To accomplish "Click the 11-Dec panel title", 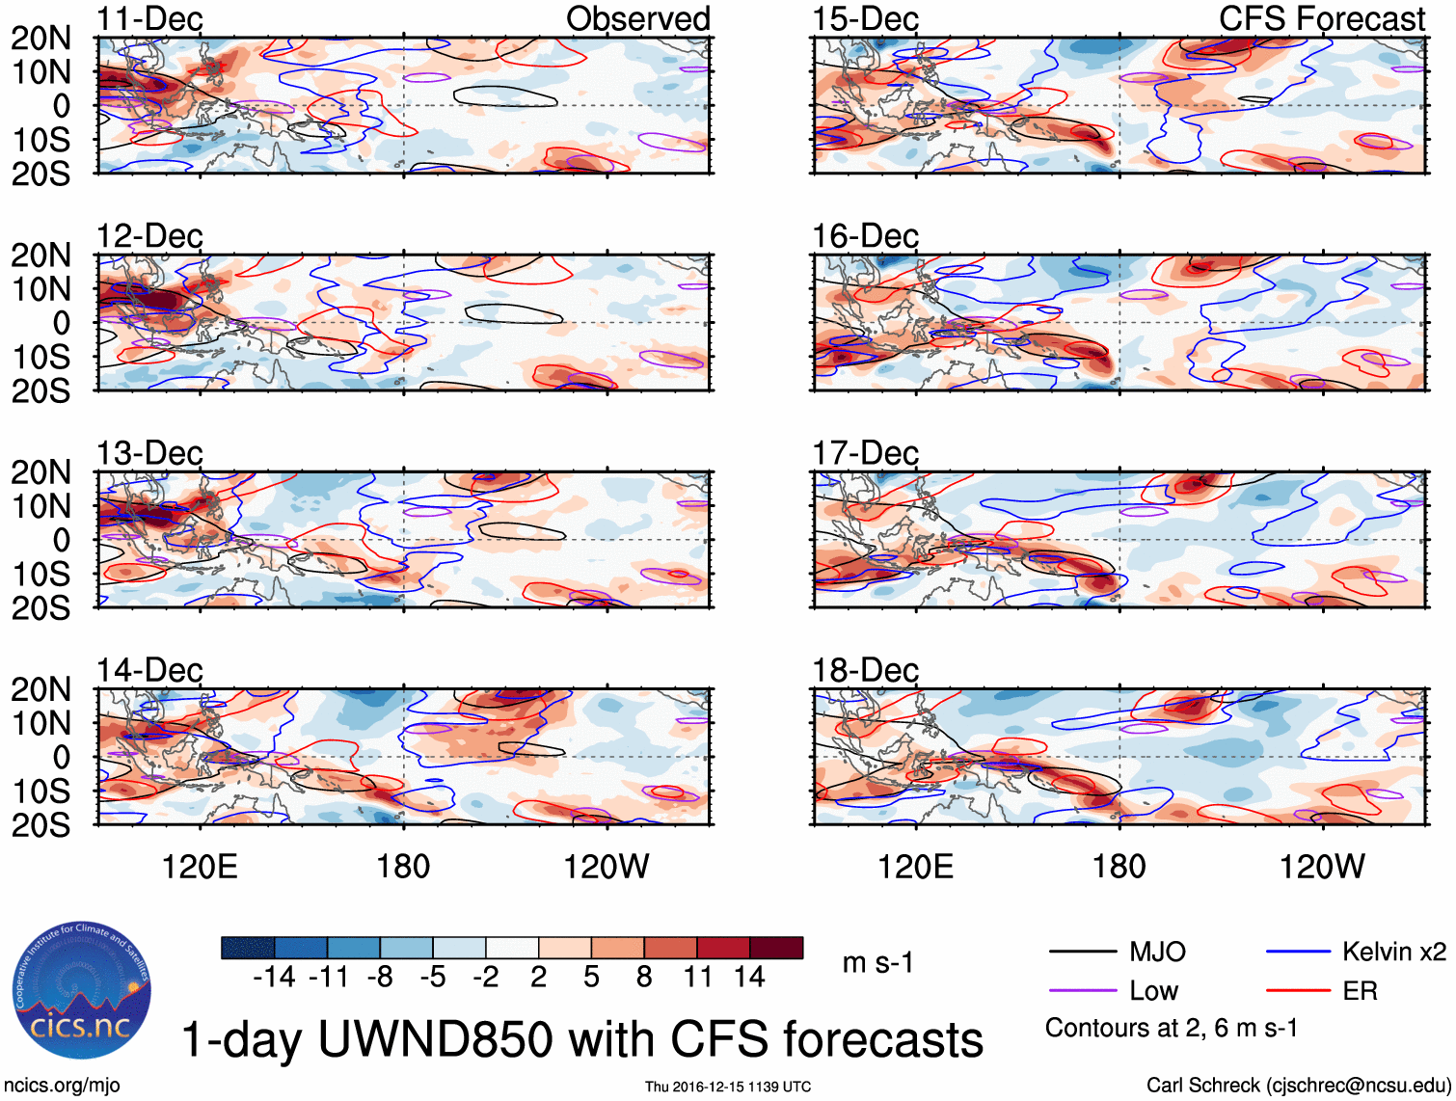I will click(x=149, y=19).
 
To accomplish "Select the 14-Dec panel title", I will click(x=149, y=670).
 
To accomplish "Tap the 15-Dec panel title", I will click(x=865, y=19).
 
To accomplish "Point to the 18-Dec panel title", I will click(x=865, y=670).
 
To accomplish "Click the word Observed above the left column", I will click(x=637, y=19).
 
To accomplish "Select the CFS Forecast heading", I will click(x=1321, y=19).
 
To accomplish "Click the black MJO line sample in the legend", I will click(x=1082, y=953).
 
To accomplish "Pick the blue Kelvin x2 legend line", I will click(x=1298, y=953).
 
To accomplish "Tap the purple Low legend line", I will click(x=1082, y=991).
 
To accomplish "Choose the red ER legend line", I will click(x=1298, y=991).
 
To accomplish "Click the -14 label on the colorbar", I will click(x=274, y=978).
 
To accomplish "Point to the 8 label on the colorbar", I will click(x=644, y=978).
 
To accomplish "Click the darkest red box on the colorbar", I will click(x=776, y=948).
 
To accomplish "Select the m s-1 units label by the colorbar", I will click(x=877, y=963).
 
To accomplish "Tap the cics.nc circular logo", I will click(x=82, y=991).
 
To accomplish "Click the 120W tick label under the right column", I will click(x=1321, y=867).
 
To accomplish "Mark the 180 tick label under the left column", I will click(x=403, y=867).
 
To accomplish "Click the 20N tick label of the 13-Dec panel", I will click(x=40, y=472).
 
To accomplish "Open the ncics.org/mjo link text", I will click(x=62, y=1086).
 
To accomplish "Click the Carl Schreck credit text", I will click(x=1298, y=1086).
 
